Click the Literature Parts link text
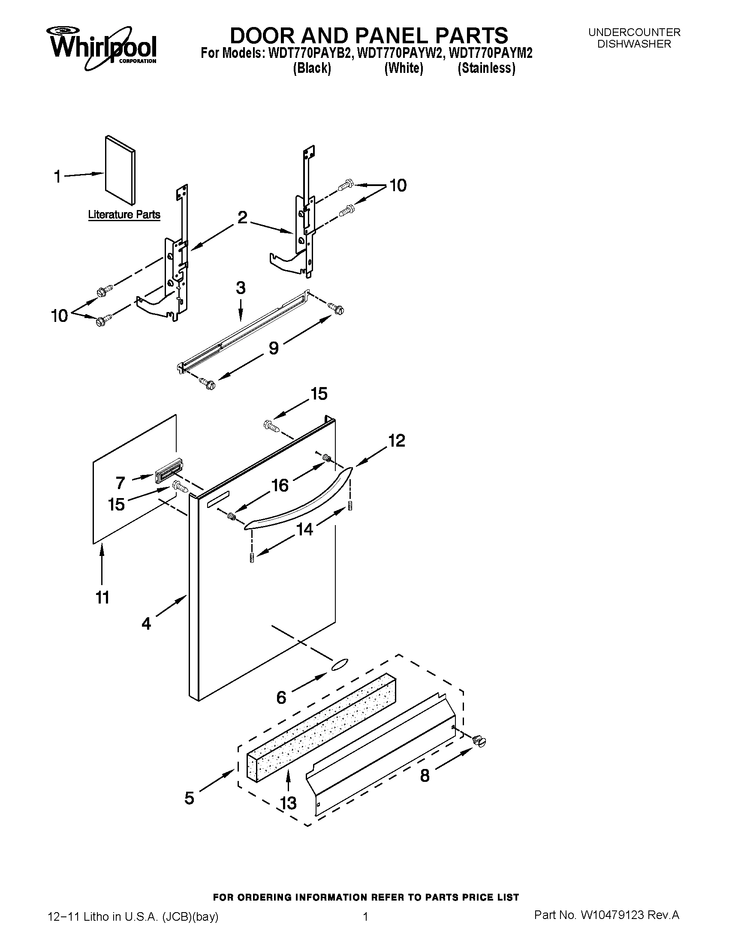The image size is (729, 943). (124, 215)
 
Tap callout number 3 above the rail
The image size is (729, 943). (241, 288)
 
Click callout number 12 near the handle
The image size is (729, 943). (397, 441)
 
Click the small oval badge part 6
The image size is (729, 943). (340, 664)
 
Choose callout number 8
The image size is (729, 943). (425, 776)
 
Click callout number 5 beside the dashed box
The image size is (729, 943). (189, 798)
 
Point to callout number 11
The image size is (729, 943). (102, 598)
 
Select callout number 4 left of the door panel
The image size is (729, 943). (146, 623)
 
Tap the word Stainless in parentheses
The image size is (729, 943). (486, 69)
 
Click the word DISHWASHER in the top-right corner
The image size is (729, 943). (634, 44)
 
